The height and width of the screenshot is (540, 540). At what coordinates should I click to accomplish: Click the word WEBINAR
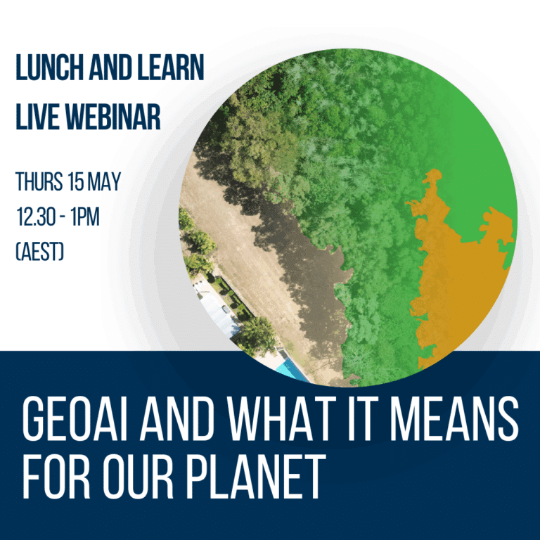coord(113,117)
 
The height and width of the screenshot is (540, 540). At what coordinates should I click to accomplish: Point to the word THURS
coord(39,181)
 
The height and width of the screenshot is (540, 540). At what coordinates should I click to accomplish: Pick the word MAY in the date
coord(104,181)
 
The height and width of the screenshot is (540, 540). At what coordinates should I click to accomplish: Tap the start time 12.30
coord(34,217)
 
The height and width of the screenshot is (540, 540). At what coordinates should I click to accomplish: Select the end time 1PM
coord(85,217)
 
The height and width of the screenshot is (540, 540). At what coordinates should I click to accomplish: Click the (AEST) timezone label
coord(40,252)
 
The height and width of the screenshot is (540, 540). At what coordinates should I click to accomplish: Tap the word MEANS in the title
coord(454,418)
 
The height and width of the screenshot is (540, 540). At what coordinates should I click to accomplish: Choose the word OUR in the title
coord(138,477)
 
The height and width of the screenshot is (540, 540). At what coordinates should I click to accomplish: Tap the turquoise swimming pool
coord(292,371)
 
